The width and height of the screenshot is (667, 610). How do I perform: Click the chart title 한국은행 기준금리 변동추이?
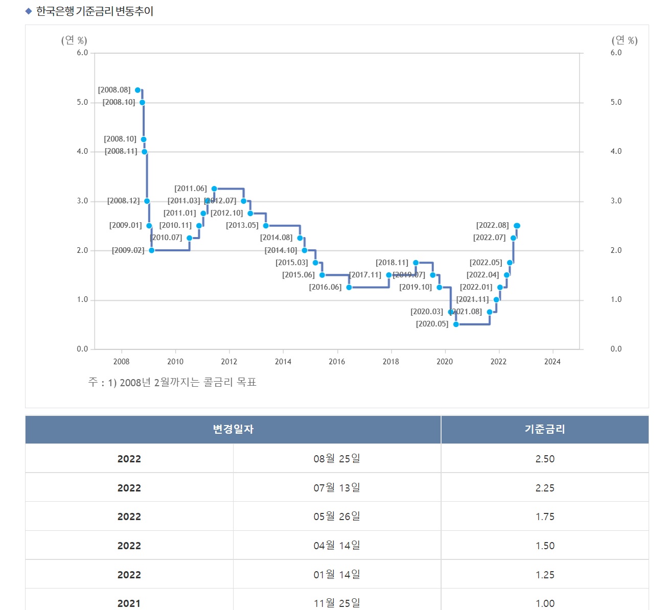click(x=95, y=11)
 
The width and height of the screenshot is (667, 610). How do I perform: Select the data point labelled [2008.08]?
click(x=137, y=90)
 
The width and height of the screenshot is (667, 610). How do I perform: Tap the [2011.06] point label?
click(x=191, y=189)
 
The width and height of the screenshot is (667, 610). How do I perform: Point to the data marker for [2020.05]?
click(x=456, y=324)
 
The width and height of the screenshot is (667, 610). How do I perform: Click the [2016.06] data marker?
click(x=349, y=287)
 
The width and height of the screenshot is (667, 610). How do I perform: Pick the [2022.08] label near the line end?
click(x=492, y=225)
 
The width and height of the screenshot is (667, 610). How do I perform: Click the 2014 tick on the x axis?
click(x=283, y=362)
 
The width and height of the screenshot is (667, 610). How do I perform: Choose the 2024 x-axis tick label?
click(x=552, y=362)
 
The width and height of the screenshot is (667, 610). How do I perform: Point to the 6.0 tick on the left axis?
click(x=82, y=53)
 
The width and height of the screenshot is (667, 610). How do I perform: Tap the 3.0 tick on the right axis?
click(x=616, y=201)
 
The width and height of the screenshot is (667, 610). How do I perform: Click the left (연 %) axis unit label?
click(x=74, y=40)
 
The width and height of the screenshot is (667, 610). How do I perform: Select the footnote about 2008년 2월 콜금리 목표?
click(x=172, y=382)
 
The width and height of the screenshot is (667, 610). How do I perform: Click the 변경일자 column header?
click(x=233, y=429)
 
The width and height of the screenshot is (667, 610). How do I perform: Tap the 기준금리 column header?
click(x=545, y=429)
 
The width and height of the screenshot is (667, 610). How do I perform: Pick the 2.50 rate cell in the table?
click(x=545, y=459)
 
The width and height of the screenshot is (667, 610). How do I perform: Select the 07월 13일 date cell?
click(x=337, y=488)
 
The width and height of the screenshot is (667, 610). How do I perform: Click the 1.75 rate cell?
click(x=545, y=517)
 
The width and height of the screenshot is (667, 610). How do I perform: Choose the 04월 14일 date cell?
click(x=337, y=546)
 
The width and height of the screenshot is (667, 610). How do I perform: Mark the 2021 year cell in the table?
click(x=129, y=603)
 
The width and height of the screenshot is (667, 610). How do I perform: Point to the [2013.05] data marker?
click(x=266, y=226)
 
